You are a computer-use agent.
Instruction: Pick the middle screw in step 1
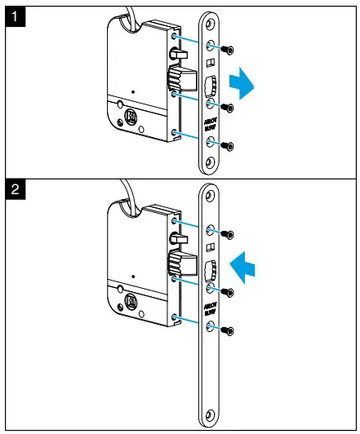(x=230, y=107)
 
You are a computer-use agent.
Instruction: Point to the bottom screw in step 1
(x=230, y=147)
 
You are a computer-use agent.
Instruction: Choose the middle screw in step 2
(x=230, y=291)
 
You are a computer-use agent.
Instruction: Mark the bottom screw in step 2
(x=230, y=330)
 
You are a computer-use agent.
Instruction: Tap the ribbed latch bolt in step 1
(x=175, y=80)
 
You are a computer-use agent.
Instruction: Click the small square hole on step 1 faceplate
(x=210, y=63)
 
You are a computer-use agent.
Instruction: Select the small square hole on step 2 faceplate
(x=210, y=247)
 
